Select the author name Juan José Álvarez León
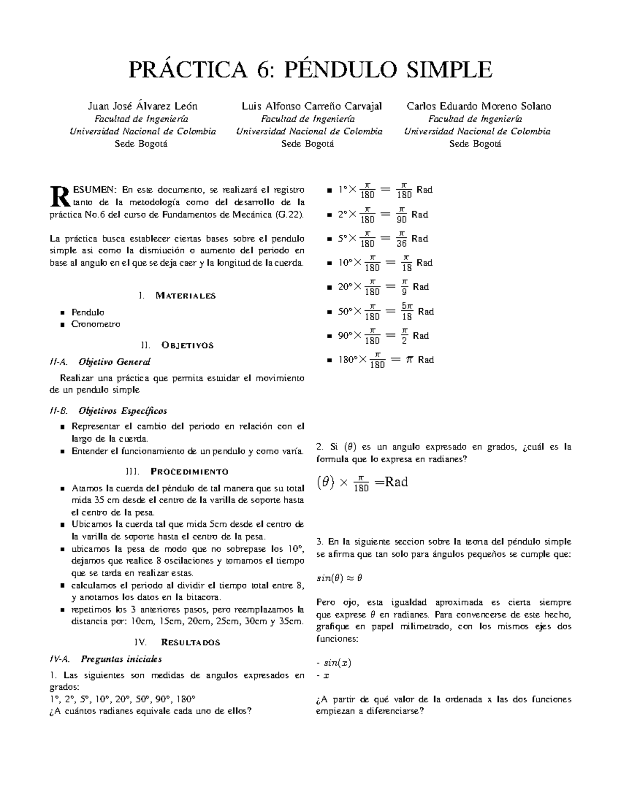click(143, 107)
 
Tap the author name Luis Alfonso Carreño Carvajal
click(312, 107)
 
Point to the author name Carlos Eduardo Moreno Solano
click(479, 107)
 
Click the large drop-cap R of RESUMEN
click(60, 194)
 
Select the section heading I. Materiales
click(177, 296)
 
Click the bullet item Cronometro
click(96, 324)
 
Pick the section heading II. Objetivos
click(177, 345)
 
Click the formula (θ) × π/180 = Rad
click(362, 483)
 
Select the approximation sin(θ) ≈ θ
click(339, 578)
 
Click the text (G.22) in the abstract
click(290, 214)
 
